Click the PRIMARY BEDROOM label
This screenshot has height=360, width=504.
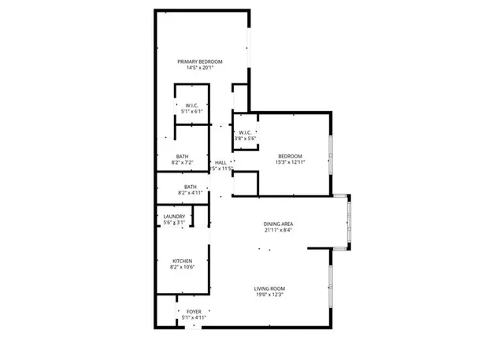[200, 61]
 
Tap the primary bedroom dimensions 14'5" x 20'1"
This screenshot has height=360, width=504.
[200, 69]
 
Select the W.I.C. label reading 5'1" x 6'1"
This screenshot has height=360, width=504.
[191, 106]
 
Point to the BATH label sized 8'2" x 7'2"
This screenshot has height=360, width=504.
[182, 156]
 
